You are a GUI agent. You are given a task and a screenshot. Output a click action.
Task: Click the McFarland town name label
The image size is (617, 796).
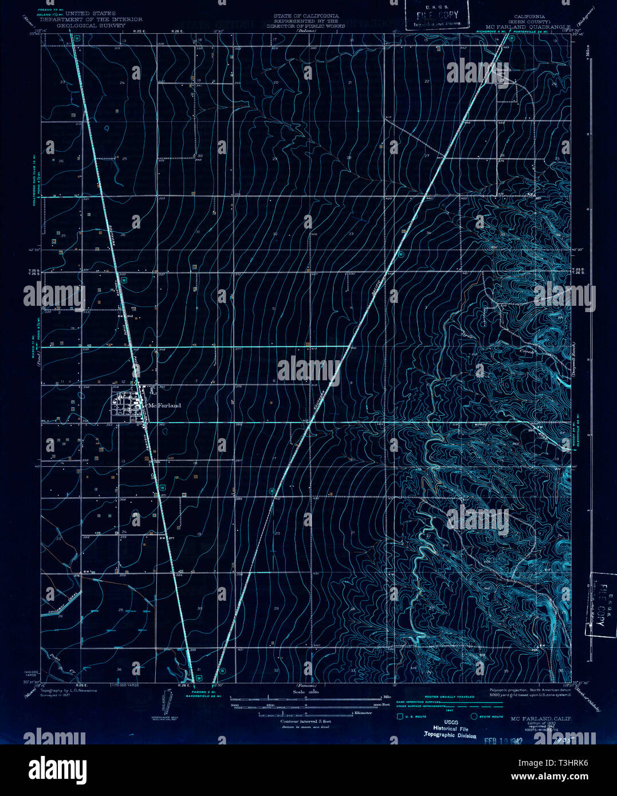165,405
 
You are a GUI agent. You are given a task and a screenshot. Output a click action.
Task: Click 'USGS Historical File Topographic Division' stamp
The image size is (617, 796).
450,729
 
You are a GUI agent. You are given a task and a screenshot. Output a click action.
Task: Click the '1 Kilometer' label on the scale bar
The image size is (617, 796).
362,713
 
